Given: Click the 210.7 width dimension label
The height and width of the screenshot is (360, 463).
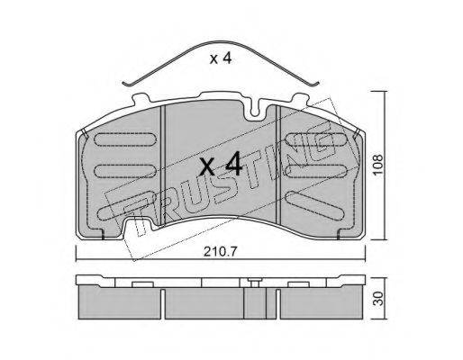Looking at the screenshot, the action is tap(221, 252).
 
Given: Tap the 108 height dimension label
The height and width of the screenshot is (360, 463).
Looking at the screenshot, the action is tap(378, 165).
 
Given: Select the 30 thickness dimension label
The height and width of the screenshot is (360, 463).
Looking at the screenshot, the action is tap(379, 299).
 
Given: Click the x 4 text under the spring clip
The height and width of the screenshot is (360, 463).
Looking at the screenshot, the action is tap(221, 58).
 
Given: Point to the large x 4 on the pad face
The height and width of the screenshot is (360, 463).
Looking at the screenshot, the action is tap(221, 164).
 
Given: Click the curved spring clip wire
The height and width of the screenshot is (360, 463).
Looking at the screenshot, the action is tap(222, 42).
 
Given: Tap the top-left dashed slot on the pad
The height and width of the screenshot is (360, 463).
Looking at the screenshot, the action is tap(125, 139).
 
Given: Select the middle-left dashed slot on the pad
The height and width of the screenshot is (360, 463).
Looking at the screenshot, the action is tap(125, 171).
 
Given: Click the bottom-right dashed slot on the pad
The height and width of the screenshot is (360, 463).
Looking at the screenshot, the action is tap(316, 206).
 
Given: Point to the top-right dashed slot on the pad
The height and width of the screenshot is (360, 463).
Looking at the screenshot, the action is tap(316, 139).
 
